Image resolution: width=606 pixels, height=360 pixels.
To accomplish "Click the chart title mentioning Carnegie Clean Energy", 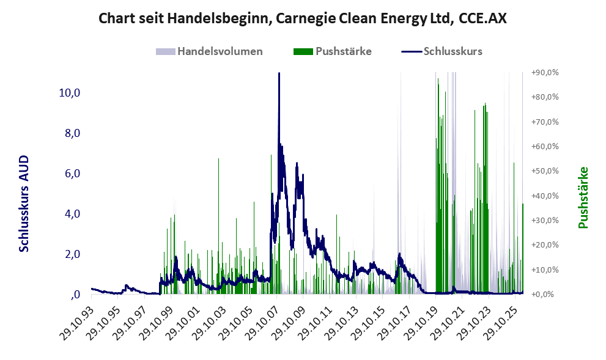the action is [x=303, y=18].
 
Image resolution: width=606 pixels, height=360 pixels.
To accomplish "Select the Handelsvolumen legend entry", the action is [x=209, y=51].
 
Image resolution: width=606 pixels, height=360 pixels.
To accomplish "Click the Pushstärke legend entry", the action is [x=333, y=51].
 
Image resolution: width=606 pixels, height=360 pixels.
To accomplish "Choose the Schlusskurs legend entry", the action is [x=442, y=51].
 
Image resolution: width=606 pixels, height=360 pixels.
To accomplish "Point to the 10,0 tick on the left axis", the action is [x=70, y=93].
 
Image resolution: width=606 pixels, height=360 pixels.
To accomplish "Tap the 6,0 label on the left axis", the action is [x=72, y=174].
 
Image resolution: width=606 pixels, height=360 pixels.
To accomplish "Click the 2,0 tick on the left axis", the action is [x=72, y=254].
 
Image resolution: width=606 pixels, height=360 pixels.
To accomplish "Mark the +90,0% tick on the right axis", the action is [x=545, y=72].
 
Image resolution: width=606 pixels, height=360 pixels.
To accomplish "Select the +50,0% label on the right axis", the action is [x=545, y=171].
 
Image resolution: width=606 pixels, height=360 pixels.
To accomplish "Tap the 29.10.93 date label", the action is [x=78, y=317].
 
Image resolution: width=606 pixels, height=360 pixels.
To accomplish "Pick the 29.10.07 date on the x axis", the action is [x=263, y=317].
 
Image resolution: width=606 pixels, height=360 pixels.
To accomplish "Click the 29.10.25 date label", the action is [x=501, y=317].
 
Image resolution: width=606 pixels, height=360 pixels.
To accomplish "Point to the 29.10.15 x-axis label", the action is [x=369, y=317].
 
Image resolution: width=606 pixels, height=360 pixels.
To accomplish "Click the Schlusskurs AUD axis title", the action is [x=24, y=204].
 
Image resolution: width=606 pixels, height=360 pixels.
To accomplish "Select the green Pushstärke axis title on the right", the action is [x=583, y=197].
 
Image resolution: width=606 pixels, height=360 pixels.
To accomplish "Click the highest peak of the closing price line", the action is [x=279, y=73].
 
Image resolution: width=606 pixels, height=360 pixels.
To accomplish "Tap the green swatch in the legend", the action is [x=303, y=52].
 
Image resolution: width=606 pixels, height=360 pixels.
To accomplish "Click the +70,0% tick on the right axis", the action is [x=545, y=122].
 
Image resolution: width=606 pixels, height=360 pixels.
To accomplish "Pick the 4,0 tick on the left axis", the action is [x=72, y=213].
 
